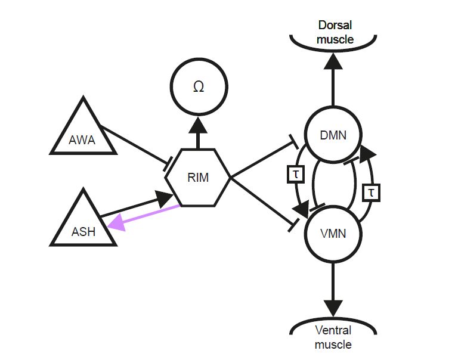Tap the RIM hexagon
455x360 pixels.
pos(198,177)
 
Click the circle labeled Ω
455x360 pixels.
pos(199,87)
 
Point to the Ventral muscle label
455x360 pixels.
pos(334,337)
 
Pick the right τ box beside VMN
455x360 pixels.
pos(371,193)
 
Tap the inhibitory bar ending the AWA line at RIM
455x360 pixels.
pos(168,164)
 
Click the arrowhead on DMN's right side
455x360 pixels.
pos(368,152)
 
